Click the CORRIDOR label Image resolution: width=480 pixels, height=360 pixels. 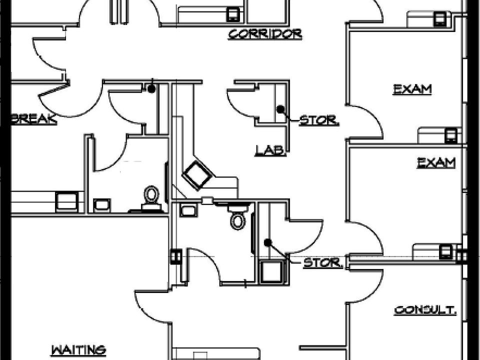(x=265, y=34)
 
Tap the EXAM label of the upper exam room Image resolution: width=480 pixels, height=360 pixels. (x=412, y=89)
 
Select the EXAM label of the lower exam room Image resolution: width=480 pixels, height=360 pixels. (x=436, y=162)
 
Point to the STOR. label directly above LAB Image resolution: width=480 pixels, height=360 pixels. (x=319, y=120)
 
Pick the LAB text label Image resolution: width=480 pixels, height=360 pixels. (x=270, y=149)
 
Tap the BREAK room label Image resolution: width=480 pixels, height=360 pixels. (x=33, y=119)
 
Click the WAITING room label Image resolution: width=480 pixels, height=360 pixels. (x=79, y=349)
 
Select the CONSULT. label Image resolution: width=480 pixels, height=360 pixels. (x=425, y=310)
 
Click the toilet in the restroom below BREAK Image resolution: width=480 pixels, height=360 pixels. (x=151, y=197)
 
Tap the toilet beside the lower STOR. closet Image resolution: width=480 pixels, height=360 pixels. (x=238, y=218)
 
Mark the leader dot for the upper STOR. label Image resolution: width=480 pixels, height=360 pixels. (x=280, y=108)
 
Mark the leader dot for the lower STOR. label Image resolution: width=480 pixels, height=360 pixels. (x=268, y=242)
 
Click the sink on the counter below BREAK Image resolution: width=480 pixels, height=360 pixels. (x=66, y=201)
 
